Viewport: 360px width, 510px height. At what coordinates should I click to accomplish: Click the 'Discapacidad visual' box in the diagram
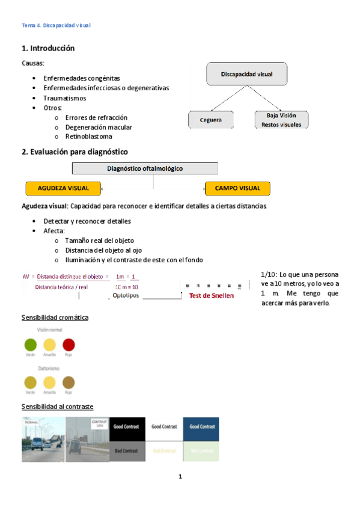246,75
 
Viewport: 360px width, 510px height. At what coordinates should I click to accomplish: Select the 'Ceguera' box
210,120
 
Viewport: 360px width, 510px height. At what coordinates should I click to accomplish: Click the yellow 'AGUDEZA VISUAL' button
64,188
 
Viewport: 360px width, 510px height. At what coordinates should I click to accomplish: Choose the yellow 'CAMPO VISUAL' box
237,188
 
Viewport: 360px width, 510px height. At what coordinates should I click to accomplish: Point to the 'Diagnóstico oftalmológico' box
145,169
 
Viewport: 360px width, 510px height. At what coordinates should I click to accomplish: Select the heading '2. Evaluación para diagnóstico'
75,152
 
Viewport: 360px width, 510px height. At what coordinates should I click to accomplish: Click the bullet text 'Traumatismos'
64,98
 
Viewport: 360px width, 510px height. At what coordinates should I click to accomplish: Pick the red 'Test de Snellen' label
211,296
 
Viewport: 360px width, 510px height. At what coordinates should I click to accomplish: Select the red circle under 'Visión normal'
69,345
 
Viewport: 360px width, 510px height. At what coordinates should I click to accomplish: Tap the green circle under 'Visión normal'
30,345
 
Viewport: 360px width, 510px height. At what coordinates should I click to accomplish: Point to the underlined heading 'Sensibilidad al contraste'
57,407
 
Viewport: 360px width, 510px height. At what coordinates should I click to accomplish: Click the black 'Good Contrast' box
127,426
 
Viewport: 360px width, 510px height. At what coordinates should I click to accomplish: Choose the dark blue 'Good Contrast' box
201,426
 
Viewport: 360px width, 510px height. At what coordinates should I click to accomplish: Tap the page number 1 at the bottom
180,477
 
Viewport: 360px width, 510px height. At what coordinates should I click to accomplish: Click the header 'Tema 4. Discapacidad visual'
55,26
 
